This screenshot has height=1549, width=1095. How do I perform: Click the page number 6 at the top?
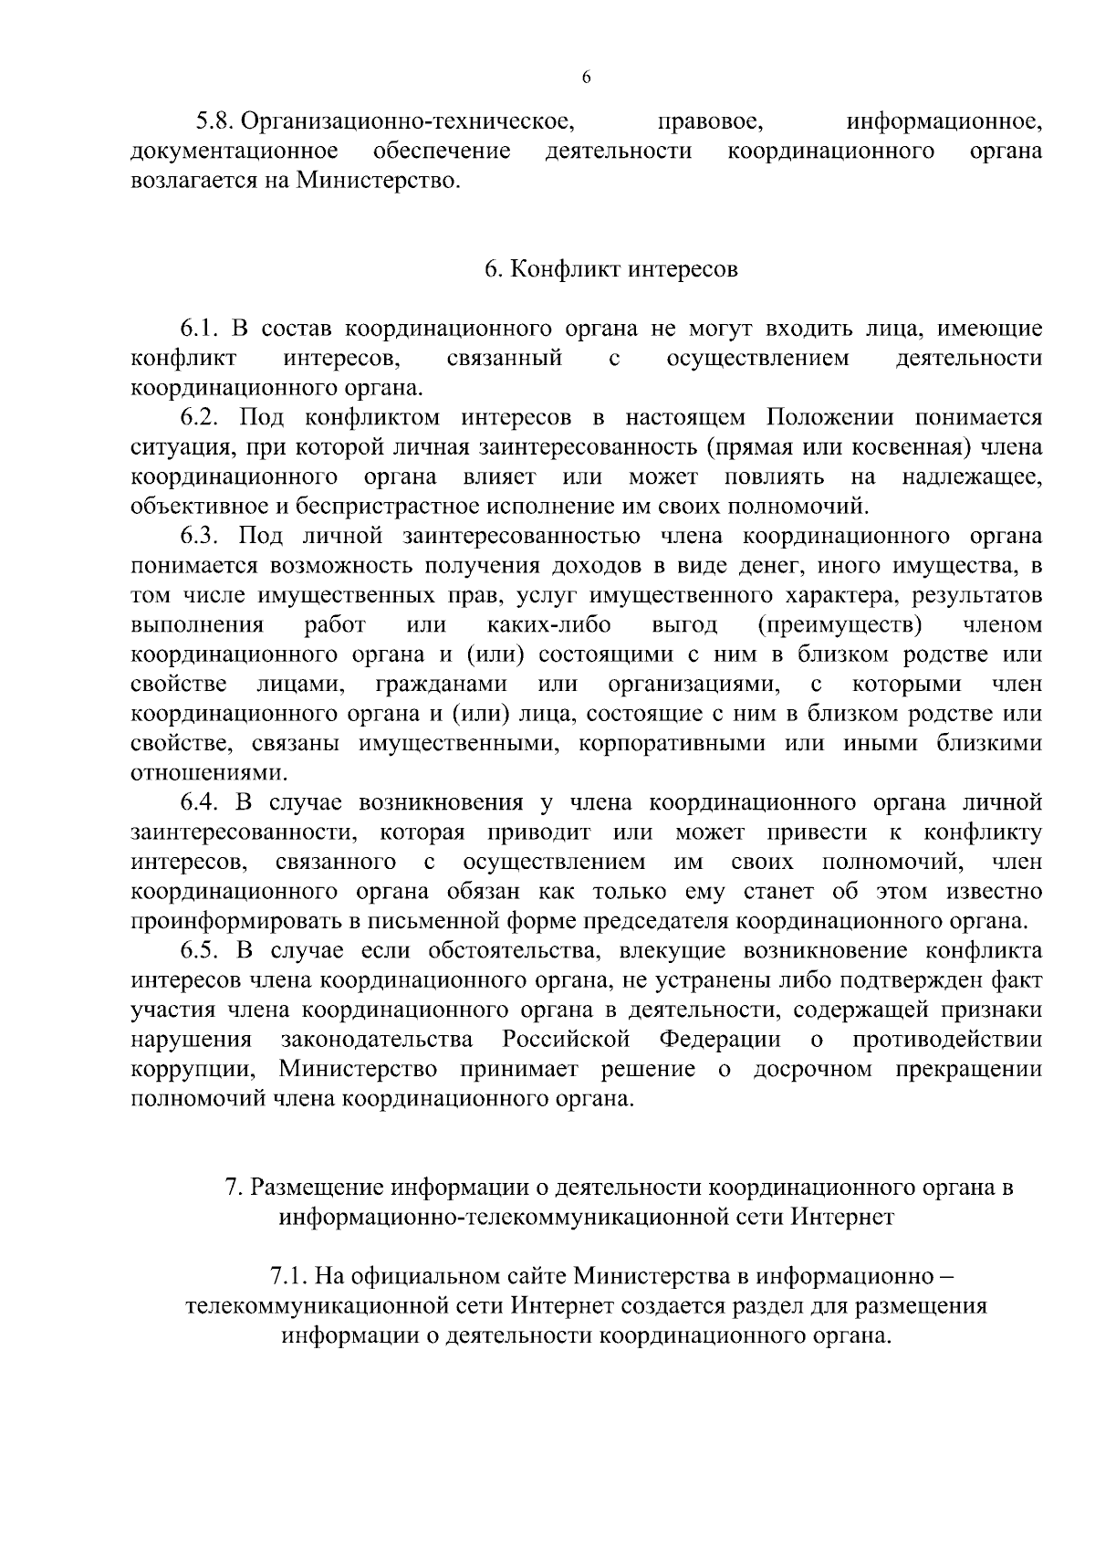pyautogui.click(x=586, y=78)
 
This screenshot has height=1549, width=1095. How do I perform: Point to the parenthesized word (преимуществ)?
pyautogui.click(x=839, y=625)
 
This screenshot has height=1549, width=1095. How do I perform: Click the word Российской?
pyautogui.click(x=567, y=1040)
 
